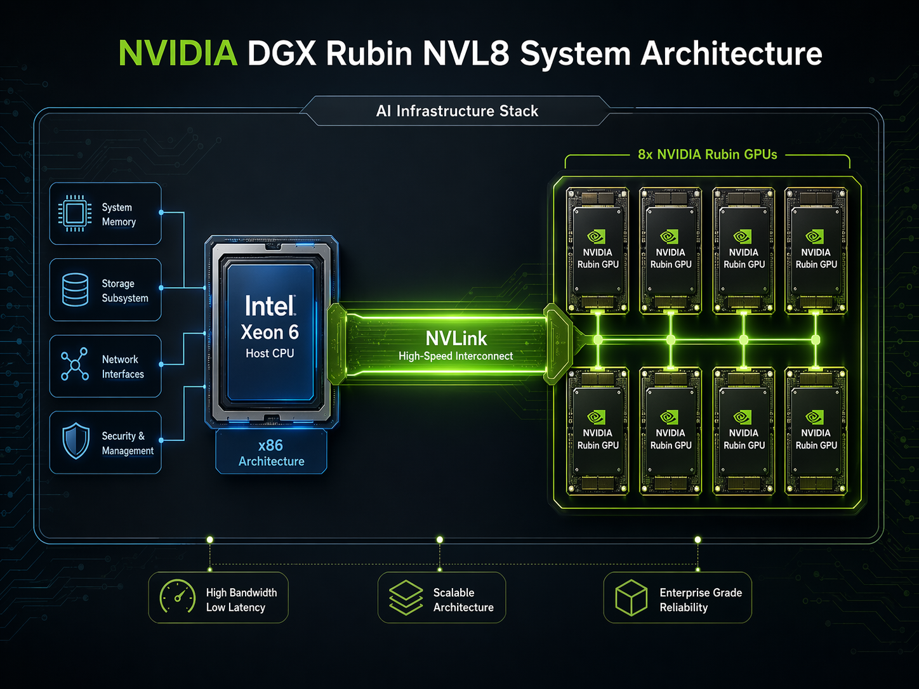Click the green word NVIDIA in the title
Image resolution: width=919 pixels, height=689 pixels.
(x=178, y=53)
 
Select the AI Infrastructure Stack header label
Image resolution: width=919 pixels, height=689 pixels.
(x=457, y=111)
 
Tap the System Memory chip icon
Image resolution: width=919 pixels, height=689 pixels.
(x=75, y=213)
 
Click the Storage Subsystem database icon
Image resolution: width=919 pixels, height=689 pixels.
(x=75, y=289)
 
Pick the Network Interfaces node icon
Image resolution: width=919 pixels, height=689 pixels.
(x=75, y=365)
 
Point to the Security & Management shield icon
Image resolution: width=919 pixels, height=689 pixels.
(x=76, y=441)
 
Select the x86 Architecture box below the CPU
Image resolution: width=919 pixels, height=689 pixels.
(x=271, y=452)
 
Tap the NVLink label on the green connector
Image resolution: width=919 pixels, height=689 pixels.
(x=456, y=338)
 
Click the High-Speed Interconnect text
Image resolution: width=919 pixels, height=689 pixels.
(x=456, y=357)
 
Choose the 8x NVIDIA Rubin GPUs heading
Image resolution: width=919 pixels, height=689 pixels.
(x=707, y=155)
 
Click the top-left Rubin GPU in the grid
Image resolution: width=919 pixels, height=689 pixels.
(x=597, y=250)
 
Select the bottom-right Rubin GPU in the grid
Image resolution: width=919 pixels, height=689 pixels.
(x=816, y=431)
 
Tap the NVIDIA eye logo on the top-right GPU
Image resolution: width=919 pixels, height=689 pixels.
(x=815, y=237)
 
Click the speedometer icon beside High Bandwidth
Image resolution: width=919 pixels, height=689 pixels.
(x=177, y=597)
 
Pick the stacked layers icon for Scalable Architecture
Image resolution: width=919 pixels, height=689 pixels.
(x=406, y=598)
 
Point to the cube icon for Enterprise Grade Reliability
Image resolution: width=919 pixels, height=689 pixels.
(x=631, y=598)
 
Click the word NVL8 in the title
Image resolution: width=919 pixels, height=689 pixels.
(x=466, y=53)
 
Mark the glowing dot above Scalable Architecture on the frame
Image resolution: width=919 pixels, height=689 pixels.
(x=439, y=540)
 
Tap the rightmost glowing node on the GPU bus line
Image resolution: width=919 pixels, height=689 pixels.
(x=816, y=340)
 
